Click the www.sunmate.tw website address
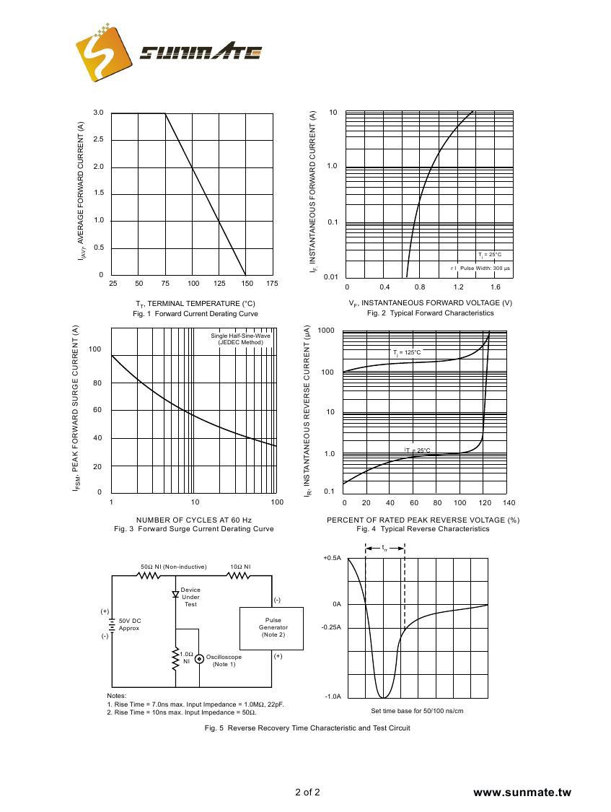tap(522, 793)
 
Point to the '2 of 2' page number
tap(307, 792)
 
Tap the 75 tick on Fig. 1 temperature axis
tap(165, 284)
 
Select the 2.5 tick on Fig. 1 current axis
tap(98, 139)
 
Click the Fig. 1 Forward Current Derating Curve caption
tap(195, 314)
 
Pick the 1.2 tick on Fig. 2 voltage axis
tap(458, 287)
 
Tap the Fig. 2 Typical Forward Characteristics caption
tap(430, 313)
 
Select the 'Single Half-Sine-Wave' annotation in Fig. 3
tap(240, 336)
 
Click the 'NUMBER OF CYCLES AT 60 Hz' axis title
tap(193, 520)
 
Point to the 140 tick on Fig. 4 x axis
tap(509, 502)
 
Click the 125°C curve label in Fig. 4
tap(407, 352)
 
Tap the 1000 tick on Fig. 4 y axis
tap(326, 331)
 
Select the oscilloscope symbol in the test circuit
tap(199, 658)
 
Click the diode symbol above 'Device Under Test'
tap(176, 595)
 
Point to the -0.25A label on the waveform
tap(332, 627)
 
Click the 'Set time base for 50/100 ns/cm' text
tap(417, 711)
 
